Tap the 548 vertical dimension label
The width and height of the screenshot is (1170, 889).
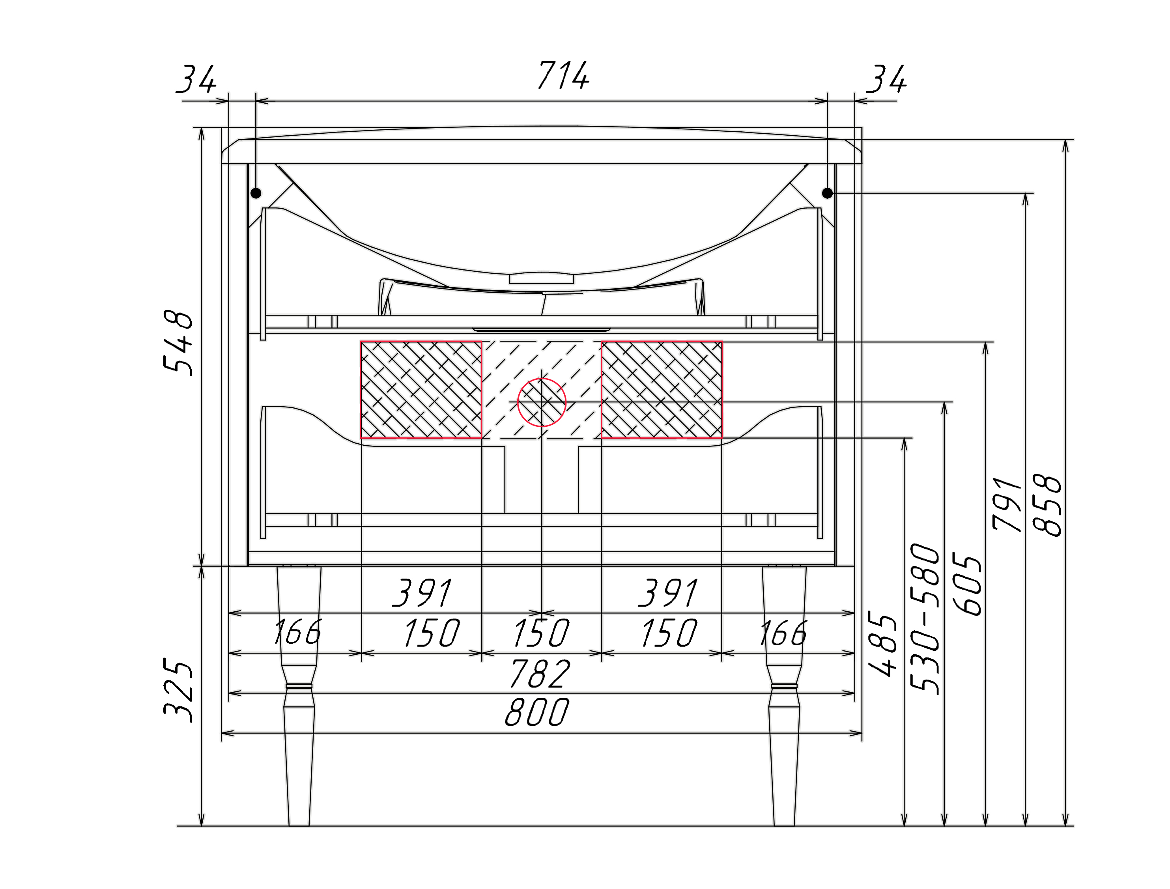(178, 343)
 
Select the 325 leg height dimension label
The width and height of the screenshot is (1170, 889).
(178, 690)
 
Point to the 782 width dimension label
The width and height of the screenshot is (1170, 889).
(540, 674)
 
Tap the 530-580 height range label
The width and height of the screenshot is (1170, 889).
(925, 618)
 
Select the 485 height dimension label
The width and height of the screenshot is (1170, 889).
(883, 644)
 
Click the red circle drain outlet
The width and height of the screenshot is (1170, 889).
(541, 402)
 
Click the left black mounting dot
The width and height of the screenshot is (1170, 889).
(256, 193)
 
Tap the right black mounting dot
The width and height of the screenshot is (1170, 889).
(828, 193)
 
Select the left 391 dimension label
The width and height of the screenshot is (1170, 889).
(422, 593)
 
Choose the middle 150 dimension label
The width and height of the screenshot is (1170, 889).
(541, 633)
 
